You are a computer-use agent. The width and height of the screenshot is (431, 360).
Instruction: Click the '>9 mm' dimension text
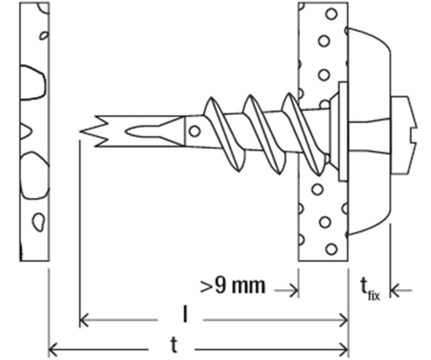tap(233, 286)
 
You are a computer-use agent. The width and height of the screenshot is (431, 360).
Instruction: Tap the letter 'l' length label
tap(185, 314)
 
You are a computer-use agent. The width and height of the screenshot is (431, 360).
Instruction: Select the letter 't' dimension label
tap(174, 345)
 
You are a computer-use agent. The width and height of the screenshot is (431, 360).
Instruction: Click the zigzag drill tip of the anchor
tap(93, 131)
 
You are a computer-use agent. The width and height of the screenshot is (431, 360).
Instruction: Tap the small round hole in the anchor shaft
tap(195, 131)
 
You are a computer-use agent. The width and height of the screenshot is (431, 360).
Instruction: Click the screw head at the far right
tap(404, 135)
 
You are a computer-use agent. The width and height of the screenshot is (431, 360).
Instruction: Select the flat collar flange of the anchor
tap(343, 131)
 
